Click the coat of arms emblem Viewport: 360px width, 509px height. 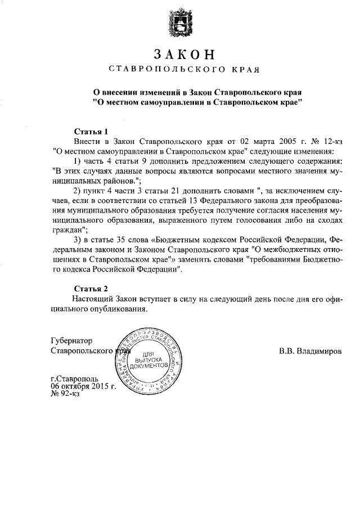pyautogui.click(x=181, y=25)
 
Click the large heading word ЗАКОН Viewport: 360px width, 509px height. pyautogui.click(x=184, y=55)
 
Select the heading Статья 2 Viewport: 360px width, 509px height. pyautogui.click(x=90, y=289)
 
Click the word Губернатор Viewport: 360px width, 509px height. pyautogui.click(x=71, y=341)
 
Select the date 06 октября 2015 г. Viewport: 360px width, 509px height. pyautogui.click(x=83, y=386)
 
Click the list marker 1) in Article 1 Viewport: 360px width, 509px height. pyautogui.click(x=78, y=161)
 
